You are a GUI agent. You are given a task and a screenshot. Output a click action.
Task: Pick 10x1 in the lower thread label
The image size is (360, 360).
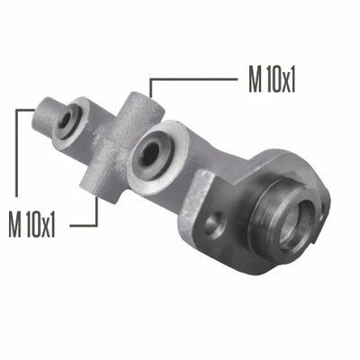[x=41, y=221]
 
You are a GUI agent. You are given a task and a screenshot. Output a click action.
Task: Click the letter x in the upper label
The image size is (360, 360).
[x=283, y=83]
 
